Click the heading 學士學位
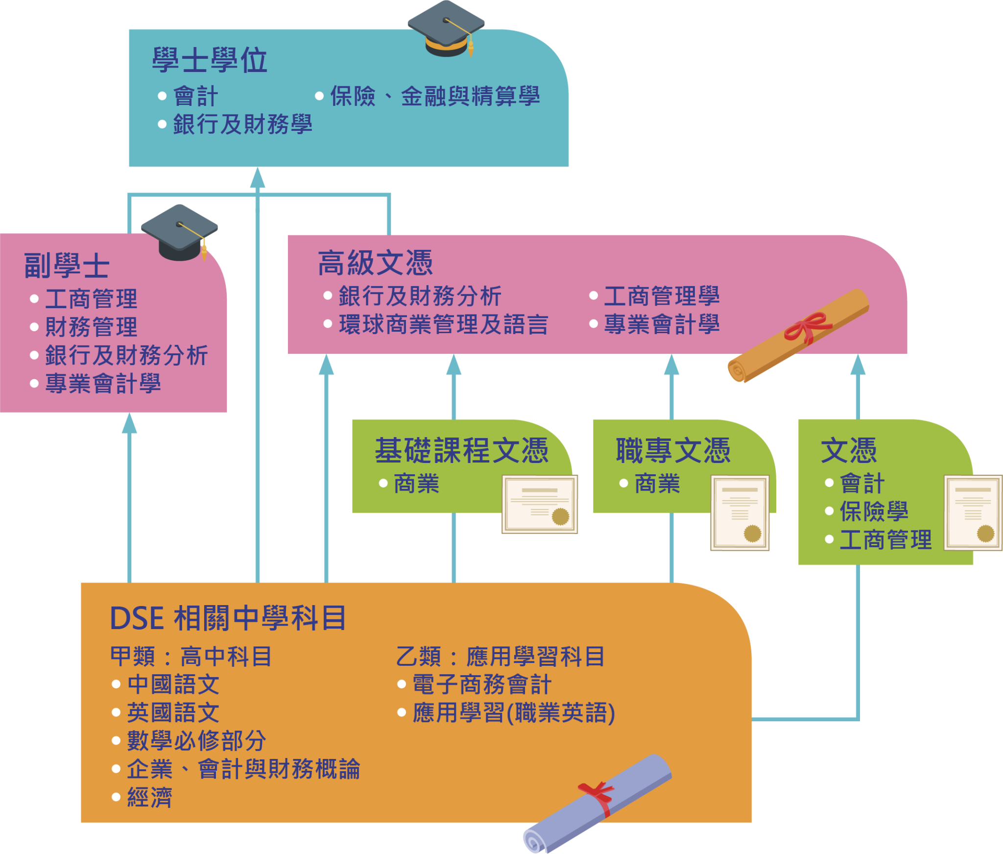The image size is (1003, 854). [x=210, y=61]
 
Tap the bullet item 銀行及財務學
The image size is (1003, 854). [x=242, y=124]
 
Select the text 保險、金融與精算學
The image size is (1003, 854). [x=435, y=96]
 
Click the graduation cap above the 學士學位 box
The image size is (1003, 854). [x=446, y=29]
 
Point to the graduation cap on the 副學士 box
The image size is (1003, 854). [x=180, y=232]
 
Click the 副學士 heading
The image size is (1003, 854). [x=67, y=266]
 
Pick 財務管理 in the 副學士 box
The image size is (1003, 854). [x=91, y=327]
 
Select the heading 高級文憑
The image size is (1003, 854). [x=375, y=263]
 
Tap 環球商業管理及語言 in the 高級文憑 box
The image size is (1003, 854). [x=443, y=324]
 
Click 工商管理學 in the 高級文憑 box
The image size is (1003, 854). [x=662, y=296]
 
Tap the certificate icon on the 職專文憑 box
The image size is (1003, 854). [x=740, y=512]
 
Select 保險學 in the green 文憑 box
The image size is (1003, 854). [x=874, y=512]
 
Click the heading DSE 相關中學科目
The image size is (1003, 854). [x=228, y=618]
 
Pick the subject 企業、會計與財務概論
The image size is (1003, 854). [x=243, y=769]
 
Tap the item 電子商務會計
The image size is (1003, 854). [x=482, y=684]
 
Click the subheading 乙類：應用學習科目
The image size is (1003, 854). [x=501, y=657]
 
